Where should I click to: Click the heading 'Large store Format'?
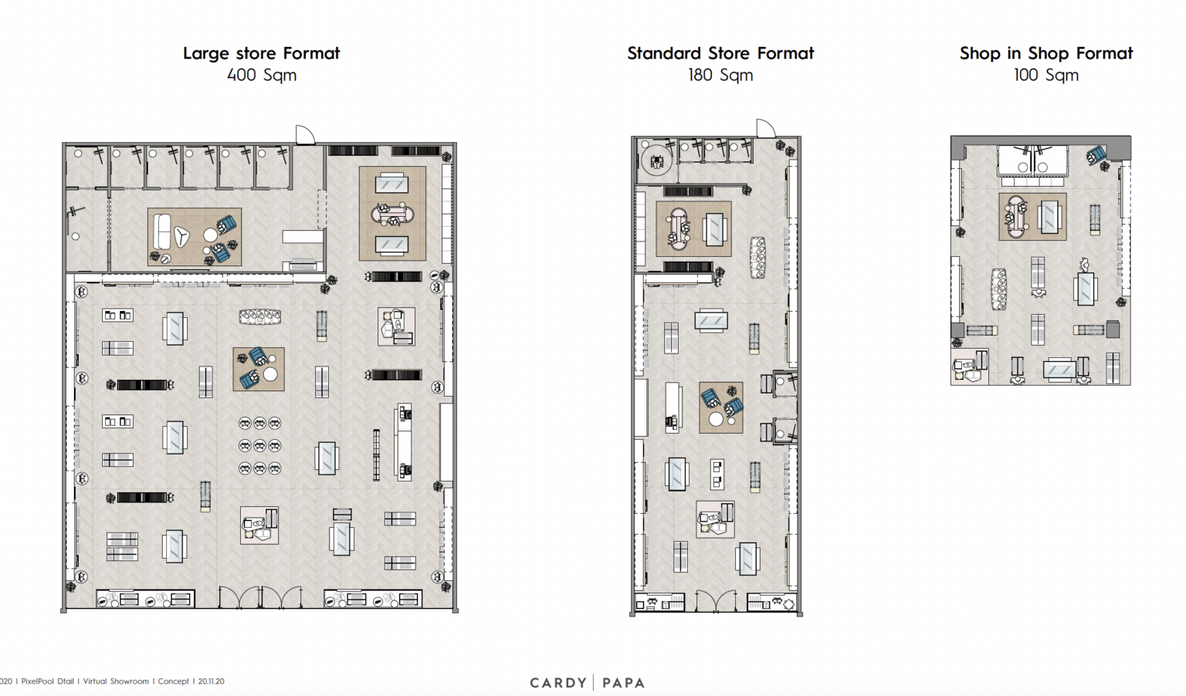[x=261, y=53]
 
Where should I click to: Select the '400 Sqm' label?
[x=261, y=76]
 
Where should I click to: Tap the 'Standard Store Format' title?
[x=720, y=53]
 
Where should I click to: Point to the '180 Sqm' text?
[x=720, y=76]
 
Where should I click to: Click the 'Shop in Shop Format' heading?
[x=1045, y=53]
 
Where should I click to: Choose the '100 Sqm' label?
[x=1045, y=76]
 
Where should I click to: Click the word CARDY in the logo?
[x=557, y=683]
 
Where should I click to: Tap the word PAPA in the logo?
[x=623, y=683]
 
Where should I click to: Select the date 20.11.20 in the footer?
[x=211, y=681]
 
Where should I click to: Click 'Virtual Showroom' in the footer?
[x=116, y=681]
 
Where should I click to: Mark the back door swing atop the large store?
[x=305, y=135]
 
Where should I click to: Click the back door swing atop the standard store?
[x=765, y=129]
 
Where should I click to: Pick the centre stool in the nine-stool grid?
[x=259, y=446]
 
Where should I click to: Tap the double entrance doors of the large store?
[x=260, y=598]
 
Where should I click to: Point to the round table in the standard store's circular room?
[x=656, y=162]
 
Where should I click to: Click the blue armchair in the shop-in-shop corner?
[x=1096, y=156]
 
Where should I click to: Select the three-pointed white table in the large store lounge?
[x=182, y=236]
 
